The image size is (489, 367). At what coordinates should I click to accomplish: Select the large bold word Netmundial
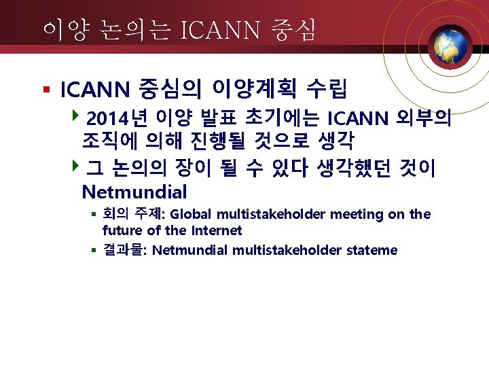[x=134, y=192]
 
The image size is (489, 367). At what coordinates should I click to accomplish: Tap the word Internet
[x=216, y=230]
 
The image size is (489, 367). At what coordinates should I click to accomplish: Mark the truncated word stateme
[x=372, y=250]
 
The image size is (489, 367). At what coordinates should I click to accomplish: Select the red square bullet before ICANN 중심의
[x=46, y=89]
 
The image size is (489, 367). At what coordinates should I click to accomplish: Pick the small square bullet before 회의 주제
[x=95, y=215]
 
